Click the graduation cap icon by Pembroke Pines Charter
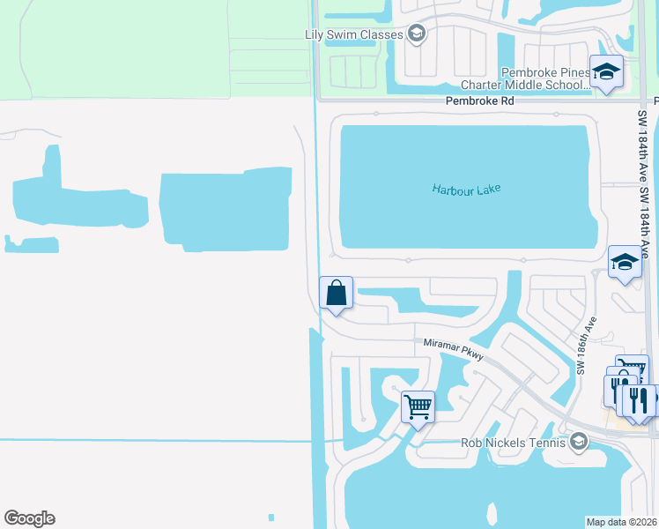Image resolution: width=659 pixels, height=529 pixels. click(606, 71)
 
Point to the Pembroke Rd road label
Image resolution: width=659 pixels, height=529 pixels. click(480, 101)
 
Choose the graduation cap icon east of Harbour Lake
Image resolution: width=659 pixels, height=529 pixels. click(625, 262)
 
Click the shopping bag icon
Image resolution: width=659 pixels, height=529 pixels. click(336, 293)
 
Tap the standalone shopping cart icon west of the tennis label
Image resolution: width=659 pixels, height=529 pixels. click(418, 406)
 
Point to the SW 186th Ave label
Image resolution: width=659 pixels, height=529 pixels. click(587, 345)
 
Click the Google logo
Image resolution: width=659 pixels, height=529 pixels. click(29, 518)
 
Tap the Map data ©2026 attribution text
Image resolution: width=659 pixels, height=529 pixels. click(621, 522)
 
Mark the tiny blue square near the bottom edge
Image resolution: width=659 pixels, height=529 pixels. click(270, 518)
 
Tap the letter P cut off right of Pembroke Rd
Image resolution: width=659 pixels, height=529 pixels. click(655, 101)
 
